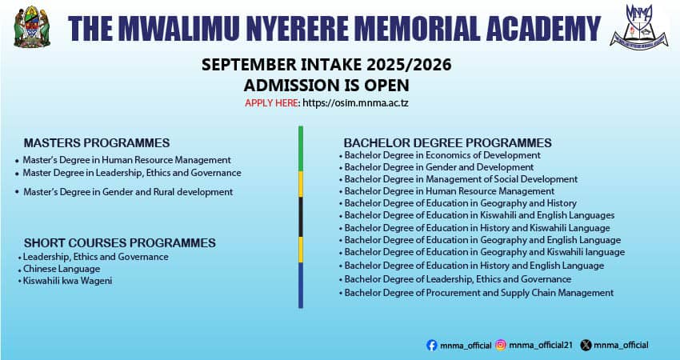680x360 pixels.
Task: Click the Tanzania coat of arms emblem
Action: (32, 27)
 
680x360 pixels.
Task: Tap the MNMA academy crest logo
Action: (639, 27)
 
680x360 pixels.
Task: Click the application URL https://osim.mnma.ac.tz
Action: (355, 103)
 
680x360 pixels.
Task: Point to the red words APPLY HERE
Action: (271, 103)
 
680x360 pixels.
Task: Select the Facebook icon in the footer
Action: (431, 346)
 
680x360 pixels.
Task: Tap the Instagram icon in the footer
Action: (501, 346)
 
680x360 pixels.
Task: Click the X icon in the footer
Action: (586, 346)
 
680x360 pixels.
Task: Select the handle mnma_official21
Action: (541, 346)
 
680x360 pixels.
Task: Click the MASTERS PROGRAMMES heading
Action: (97, 142)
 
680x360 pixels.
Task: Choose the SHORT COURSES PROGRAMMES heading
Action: (120, 243)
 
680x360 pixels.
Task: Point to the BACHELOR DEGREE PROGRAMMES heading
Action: (447, 142)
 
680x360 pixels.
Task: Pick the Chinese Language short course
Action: (62, 269)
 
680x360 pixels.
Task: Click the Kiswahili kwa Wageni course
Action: (68, 281)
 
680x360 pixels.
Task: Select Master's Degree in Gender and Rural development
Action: (128, 192)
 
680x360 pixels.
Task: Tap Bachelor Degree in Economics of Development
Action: (442, 155)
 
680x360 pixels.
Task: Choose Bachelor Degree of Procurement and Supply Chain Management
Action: (479, 293)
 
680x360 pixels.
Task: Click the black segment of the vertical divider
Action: (301, 217)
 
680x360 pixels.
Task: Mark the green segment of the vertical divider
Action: (301, 148)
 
